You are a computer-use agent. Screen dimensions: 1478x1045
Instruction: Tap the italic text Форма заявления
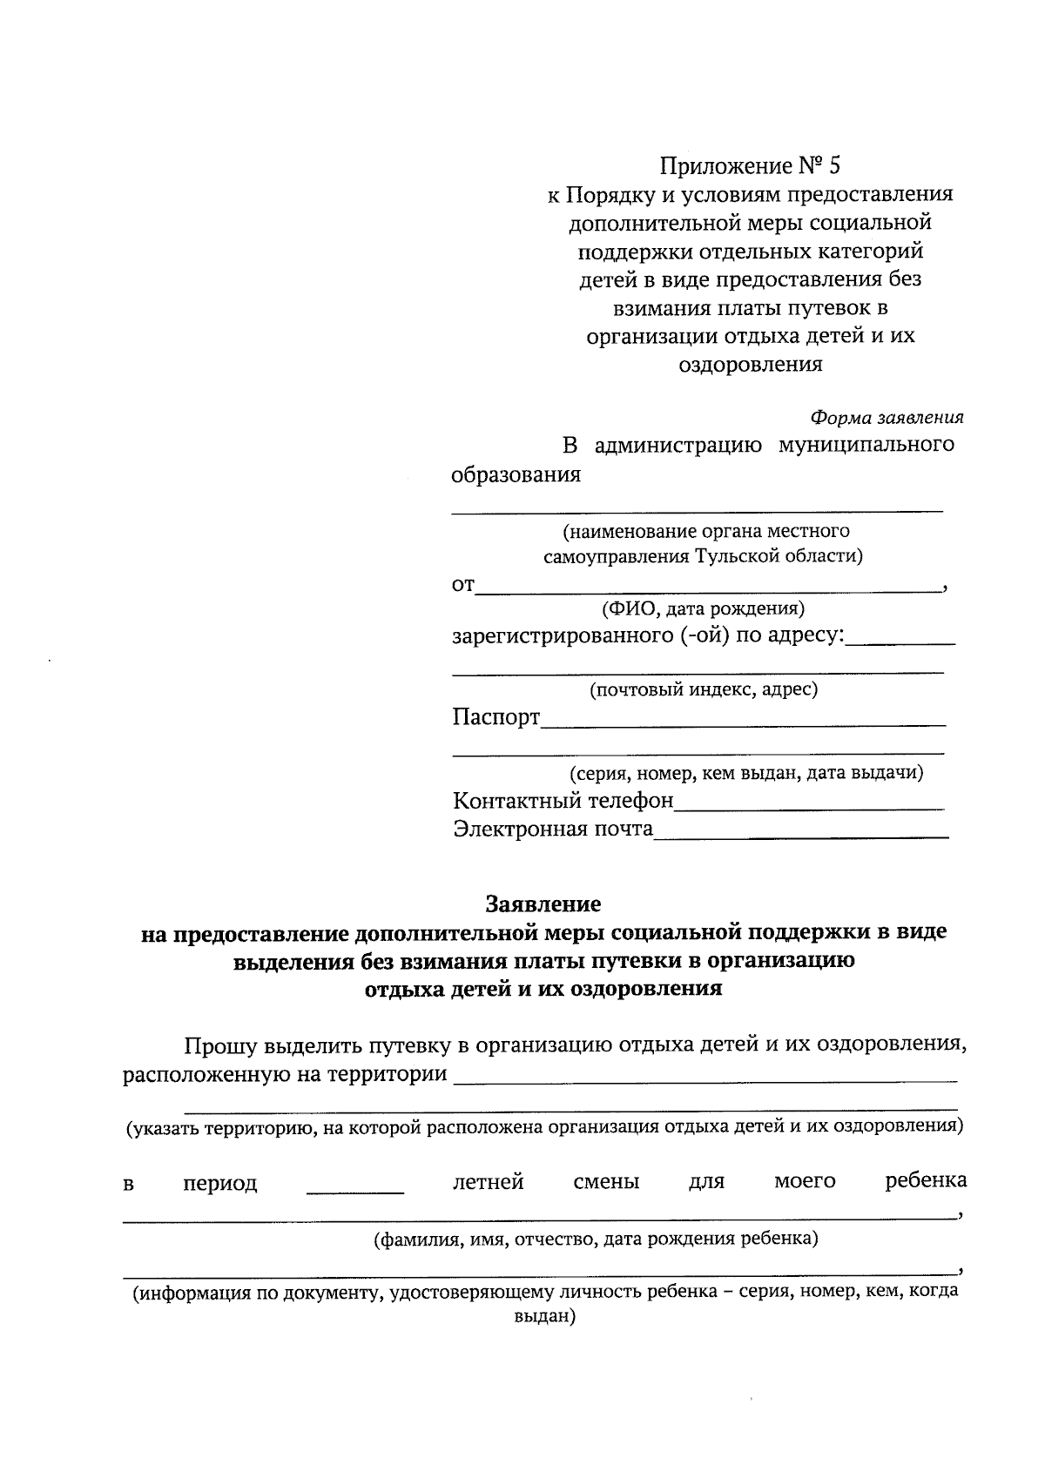[887, 417]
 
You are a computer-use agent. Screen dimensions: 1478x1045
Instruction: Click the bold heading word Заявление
[543, 903]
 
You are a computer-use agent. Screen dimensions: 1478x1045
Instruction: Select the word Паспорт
[496, 718]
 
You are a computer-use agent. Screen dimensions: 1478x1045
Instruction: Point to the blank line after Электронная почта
[800, 836]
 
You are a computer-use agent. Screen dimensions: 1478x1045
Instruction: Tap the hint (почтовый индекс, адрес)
[704, 689]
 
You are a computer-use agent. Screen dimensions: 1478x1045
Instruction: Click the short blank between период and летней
[355, 1190]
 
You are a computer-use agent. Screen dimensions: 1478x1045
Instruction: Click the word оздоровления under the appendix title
[750, 365]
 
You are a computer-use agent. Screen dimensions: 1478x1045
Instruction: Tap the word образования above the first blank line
[516, 475]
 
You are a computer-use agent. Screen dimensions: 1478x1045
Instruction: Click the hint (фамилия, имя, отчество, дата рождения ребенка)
[596, 1239]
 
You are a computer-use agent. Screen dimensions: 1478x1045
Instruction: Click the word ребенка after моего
[926, 1181]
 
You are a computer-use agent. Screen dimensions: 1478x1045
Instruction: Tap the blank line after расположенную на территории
[705, 1079]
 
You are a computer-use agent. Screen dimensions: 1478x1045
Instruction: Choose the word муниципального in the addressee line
[866, 445]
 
